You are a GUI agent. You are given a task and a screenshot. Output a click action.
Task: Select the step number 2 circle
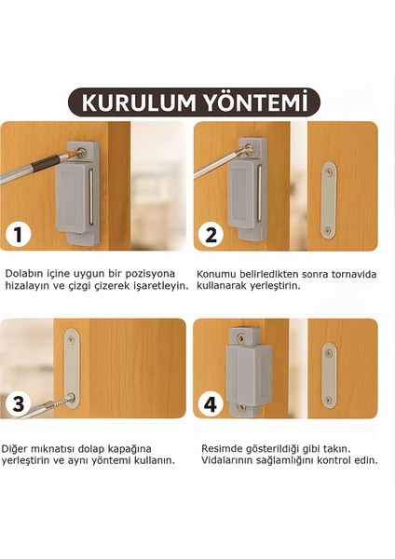coord(211,235)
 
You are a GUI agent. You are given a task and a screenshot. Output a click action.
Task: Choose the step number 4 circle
coord(211,404)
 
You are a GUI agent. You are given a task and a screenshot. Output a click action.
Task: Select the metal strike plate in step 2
coord(327,201)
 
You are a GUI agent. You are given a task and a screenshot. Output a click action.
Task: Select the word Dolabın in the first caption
coord(25,274)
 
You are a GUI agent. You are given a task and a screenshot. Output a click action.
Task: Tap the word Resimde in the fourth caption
coord(225,448)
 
